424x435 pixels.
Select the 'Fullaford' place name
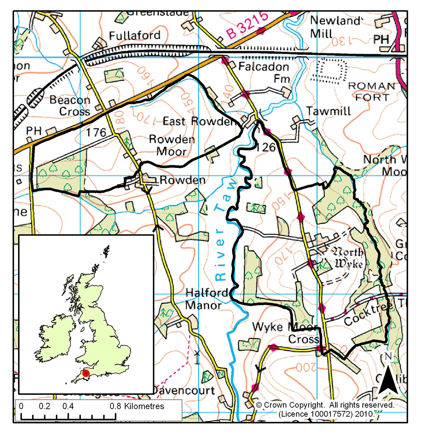pyautogui.click(x=135, y=35)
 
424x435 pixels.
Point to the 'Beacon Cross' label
pyautogui.click(x=70, y=106)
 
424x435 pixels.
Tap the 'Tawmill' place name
pyautogui.click(x=328, y=111)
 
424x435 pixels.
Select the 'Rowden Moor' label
pyautogui.click(x=172, y=145)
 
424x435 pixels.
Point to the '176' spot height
pyautogui.click(x=95, y=133)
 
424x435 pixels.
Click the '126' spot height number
pyautogui.click(x=266, y=148)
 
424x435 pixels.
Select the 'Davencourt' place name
pyautogui.click(x=184, y=390)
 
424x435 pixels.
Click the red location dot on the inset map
pyautogui.click(x=85, y=374)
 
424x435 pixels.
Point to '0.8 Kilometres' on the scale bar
pyautogui.click(x=137, y=406)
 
